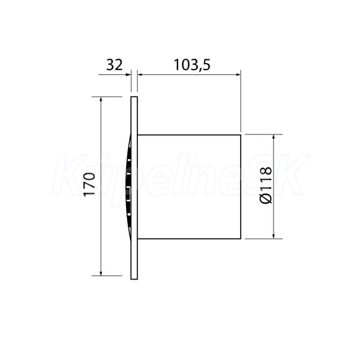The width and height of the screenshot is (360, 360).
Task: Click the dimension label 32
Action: [x=115, y=65]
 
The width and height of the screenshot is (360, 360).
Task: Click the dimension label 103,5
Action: [x=192, y=65]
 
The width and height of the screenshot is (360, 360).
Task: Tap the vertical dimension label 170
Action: [x=89, y=184]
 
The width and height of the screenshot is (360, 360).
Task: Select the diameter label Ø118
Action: [x=266, y=185]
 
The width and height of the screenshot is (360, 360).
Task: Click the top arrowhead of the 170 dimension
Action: [x=101, y=100]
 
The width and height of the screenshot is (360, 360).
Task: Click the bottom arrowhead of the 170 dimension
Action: [x=101, y=272]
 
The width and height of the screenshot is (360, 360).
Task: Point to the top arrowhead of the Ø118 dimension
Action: [x=274, y=137]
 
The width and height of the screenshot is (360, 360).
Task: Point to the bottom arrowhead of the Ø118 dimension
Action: [x=274, y=236]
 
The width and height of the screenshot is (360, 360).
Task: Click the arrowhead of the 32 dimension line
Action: [x=128, y=74]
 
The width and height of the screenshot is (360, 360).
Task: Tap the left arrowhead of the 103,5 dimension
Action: [x=140, y=74]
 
